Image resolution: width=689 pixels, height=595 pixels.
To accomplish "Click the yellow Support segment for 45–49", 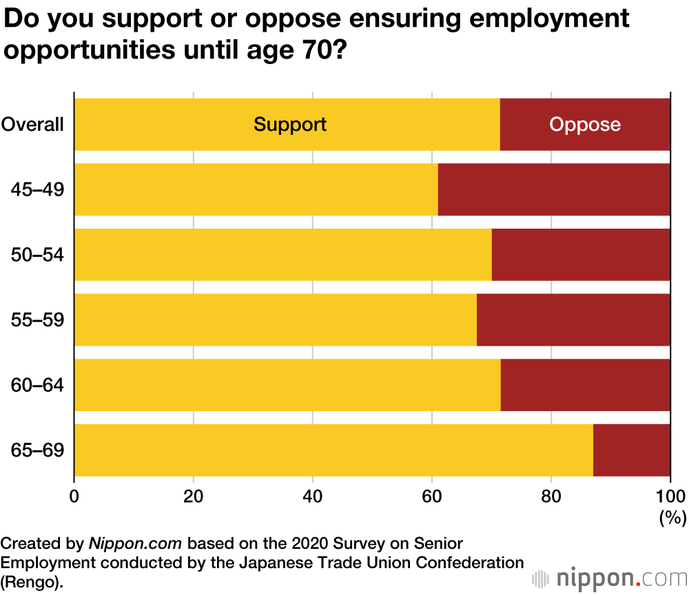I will [256, 189].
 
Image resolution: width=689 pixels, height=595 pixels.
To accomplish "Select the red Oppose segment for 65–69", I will [631, 450].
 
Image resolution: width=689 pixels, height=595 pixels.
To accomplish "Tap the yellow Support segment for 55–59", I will [275, 320].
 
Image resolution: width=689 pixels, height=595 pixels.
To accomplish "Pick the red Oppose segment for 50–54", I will [581, 255].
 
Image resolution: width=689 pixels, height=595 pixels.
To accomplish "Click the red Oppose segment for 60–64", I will [585, 385].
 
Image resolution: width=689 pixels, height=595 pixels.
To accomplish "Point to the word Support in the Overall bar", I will [289, 125].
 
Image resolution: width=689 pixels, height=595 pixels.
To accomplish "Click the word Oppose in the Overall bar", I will [585, 125].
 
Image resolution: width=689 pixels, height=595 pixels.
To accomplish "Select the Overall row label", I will [32, 125].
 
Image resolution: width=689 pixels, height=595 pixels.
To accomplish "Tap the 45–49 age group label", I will [37, 189].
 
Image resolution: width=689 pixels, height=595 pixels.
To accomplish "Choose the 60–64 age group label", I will [37, 385].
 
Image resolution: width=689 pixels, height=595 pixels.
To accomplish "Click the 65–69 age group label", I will [37, 450].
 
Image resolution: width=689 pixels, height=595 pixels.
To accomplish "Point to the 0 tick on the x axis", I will [74, 497].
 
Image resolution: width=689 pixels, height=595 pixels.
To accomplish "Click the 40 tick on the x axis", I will [313, 497].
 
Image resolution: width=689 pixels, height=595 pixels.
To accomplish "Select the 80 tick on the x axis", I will [551, 497].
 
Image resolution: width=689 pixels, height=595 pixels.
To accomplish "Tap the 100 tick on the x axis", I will [670, 497].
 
